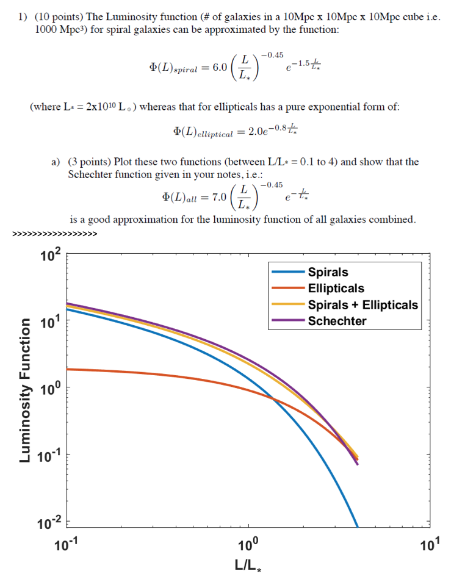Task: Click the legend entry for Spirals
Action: click(x=328, y=273)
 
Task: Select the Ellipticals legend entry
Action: click(x=336, y=289)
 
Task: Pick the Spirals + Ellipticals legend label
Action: click(x=362, y=304)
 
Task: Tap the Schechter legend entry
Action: click(x=337, y=321)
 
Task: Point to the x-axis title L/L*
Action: click(x=248, y=565)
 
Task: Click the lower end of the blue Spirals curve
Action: click(x=357, y=525)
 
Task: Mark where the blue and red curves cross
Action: click(x=274, y=400)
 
